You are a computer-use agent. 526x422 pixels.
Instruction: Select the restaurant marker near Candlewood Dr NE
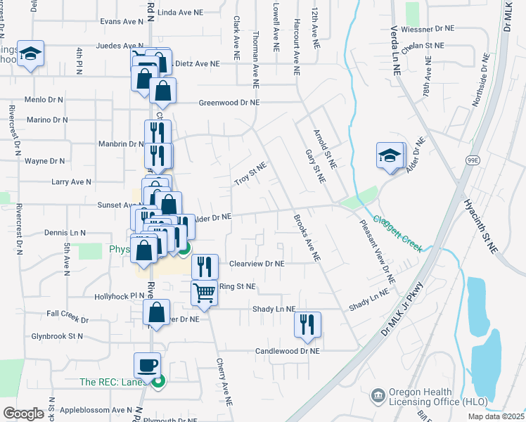tap(307, 325)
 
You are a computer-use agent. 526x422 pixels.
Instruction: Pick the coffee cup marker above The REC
tap(148, 365)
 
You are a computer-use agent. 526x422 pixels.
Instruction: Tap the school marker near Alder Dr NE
tap(390, 156)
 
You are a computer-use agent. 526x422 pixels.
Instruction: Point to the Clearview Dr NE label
tap(257, 264)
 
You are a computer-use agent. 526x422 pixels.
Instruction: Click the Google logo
tap(24, 414)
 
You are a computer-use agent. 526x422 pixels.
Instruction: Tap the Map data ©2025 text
tap(495, 416)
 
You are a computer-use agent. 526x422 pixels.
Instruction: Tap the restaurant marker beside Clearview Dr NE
tap(205, 267)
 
